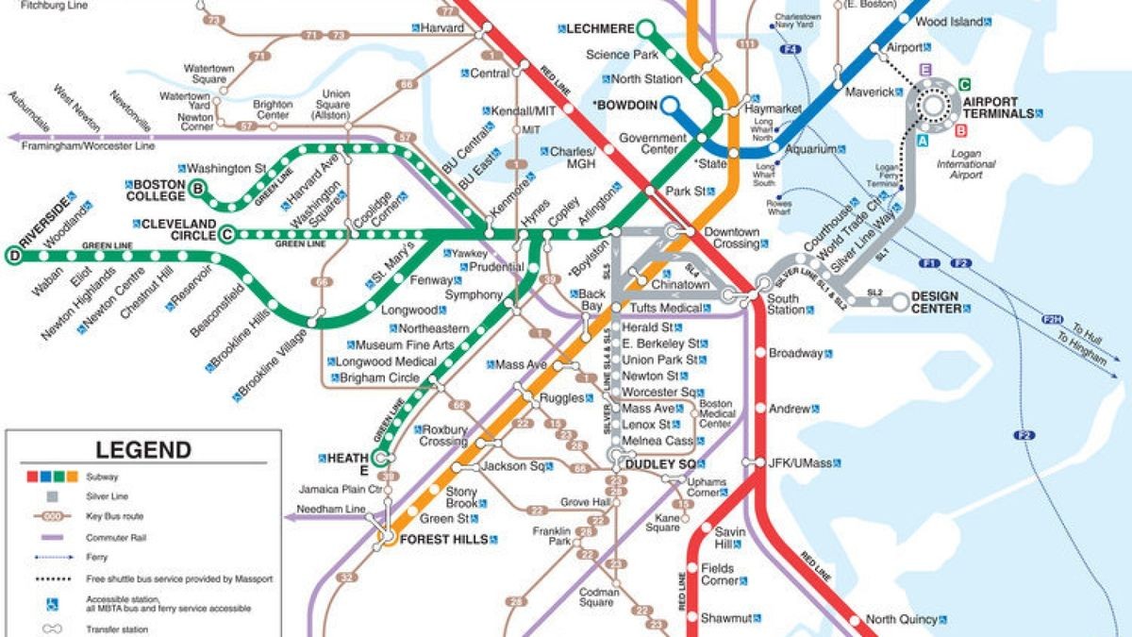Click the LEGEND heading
point(143,450)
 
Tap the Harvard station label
point(441,28)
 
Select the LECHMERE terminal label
point(599,29)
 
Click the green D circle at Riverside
point(12,254)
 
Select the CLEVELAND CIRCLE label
point(178,230)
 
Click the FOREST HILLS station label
point(443,539)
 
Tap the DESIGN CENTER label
point(935,302)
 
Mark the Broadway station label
point(796,354)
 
